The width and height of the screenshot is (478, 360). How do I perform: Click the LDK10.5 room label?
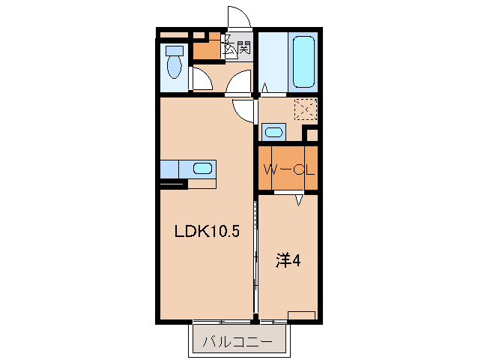point(208,231)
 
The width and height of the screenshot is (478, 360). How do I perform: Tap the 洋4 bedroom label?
point(288,260)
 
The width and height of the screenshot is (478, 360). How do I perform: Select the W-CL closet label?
point(288,169)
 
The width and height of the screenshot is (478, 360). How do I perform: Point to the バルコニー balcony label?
point(238,342)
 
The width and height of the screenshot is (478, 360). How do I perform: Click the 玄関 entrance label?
point(238,47)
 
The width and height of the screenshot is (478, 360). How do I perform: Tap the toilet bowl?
point(175,67)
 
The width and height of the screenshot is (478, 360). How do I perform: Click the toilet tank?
point(175,51)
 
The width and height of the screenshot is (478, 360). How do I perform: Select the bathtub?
point(303,62)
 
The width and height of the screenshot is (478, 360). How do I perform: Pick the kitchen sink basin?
point(203,168)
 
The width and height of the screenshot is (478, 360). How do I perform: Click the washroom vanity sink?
point(273,133)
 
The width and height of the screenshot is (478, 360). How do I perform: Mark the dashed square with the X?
point(306,109)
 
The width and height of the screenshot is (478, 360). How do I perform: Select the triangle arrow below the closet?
point(299,200)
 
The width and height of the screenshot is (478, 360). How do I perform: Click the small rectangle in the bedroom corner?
point(301,315)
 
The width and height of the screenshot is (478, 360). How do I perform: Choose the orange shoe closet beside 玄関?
point(208,49)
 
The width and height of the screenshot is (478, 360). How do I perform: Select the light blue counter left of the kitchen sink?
point(170,169)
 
